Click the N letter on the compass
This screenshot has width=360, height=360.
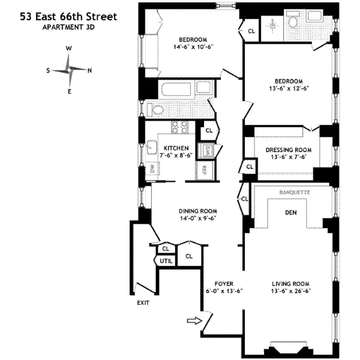click(89, 70)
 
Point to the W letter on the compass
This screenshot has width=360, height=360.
click(69, 49)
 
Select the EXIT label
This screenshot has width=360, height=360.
click(142, 302)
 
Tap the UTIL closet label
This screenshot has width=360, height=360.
click(164, 261)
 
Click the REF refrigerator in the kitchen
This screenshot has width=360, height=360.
click(204, 169)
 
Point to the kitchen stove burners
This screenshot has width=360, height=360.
click(178, 127)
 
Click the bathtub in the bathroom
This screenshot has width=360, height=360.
click(179, 94)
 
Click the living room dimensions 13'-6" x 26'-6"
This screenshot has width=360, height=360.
click(290, 292)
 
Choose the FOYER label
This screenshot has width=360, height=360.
click(224, 283)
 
